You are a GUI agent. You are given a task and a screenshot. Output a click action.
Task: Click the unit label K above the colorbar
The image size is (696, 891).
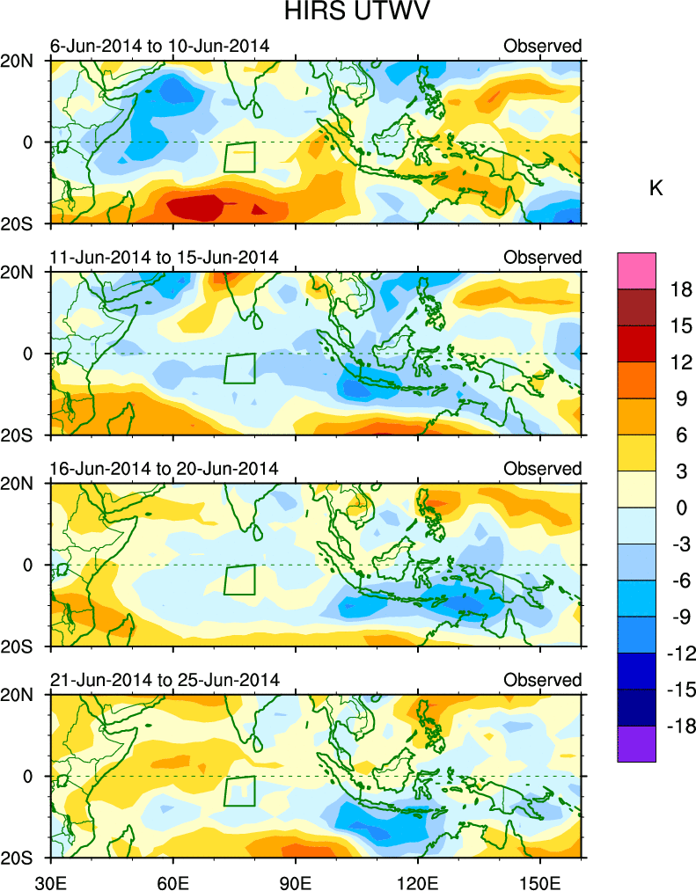(656, 188)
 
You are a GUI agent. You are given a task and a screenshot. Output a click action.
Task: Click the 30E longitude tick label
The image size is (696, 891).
(49, 880)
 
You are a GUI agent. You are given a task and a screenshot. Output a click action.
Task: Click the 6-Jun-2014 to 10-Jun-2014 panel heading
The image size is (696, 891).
(159, 46)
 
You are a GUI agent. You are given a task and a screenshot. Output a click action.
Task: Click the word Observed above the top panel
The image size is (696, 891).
(542, 46)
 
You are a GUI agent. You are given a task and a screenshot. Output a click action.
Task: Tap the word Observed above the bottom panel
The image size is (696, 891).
(542, 680)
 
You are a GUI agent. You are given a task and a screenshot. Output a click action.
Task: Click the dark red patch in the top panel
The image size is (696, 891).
(194, 208)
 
